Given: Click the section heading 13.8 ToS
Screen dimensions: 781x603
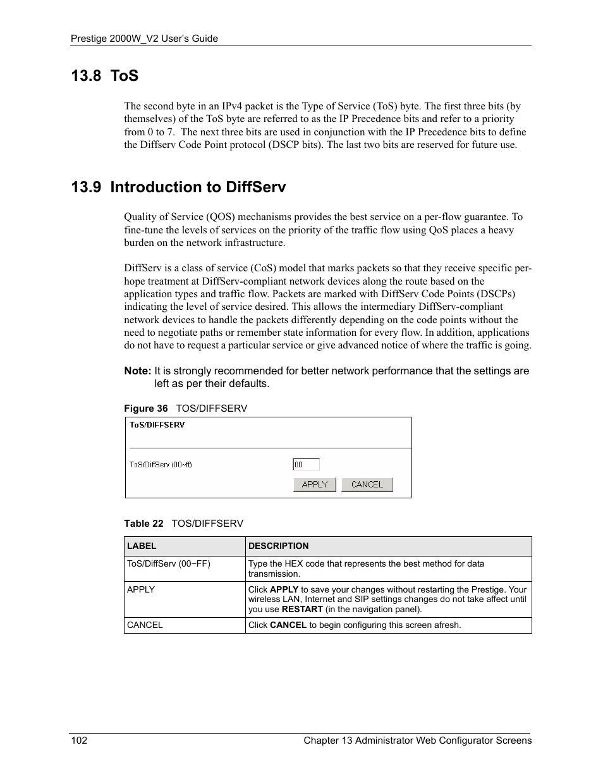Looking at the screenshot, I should tap(104, 76).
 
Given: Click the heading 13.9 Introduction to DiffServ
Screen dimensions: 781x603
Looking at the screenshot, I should tap(178, 187).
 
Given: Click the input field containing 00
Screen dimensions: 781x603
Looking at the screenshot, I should tap(306, 464).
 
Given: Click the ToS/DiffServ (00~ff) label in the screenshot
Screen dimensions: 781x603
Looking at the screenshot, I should tap(161, 464).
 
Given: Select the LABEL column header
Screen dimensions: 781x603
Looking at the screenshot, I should tap(142, 546).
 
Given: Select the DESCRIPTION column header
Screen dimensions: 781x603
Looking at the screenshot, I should tap(279, 546).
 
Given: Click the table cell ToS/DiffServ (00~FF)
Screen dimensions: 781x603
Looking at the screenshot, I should tap(169, 563).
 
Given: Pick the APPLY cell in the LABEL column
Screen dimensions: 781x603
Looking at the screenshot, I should tap(141, 589).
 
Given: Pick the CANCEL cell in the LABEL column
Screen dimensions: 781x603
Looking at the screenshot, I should tap(145, 625).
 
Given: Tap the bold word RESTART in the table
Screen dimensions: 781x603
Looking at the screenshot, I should tap(302, 610).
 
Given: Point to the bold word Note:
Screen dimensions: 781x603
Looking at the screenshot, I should tap(137, 371).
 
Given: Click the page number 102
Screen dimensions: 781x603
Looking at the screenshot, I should tap(78, 741).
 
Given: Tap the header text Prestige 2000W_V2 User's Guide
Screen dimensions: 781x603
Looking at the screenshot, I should tap(144, 39).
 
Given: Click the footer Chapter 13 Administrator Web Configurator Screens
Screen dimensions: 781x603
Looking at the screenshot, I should tap(417, 741).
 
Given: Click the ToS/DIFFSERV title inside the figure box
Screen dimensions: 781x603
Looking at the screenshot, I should tap(157, 425).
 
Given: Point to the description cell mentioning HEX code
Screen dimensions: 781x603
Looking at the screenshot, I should tap(367, 569).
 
